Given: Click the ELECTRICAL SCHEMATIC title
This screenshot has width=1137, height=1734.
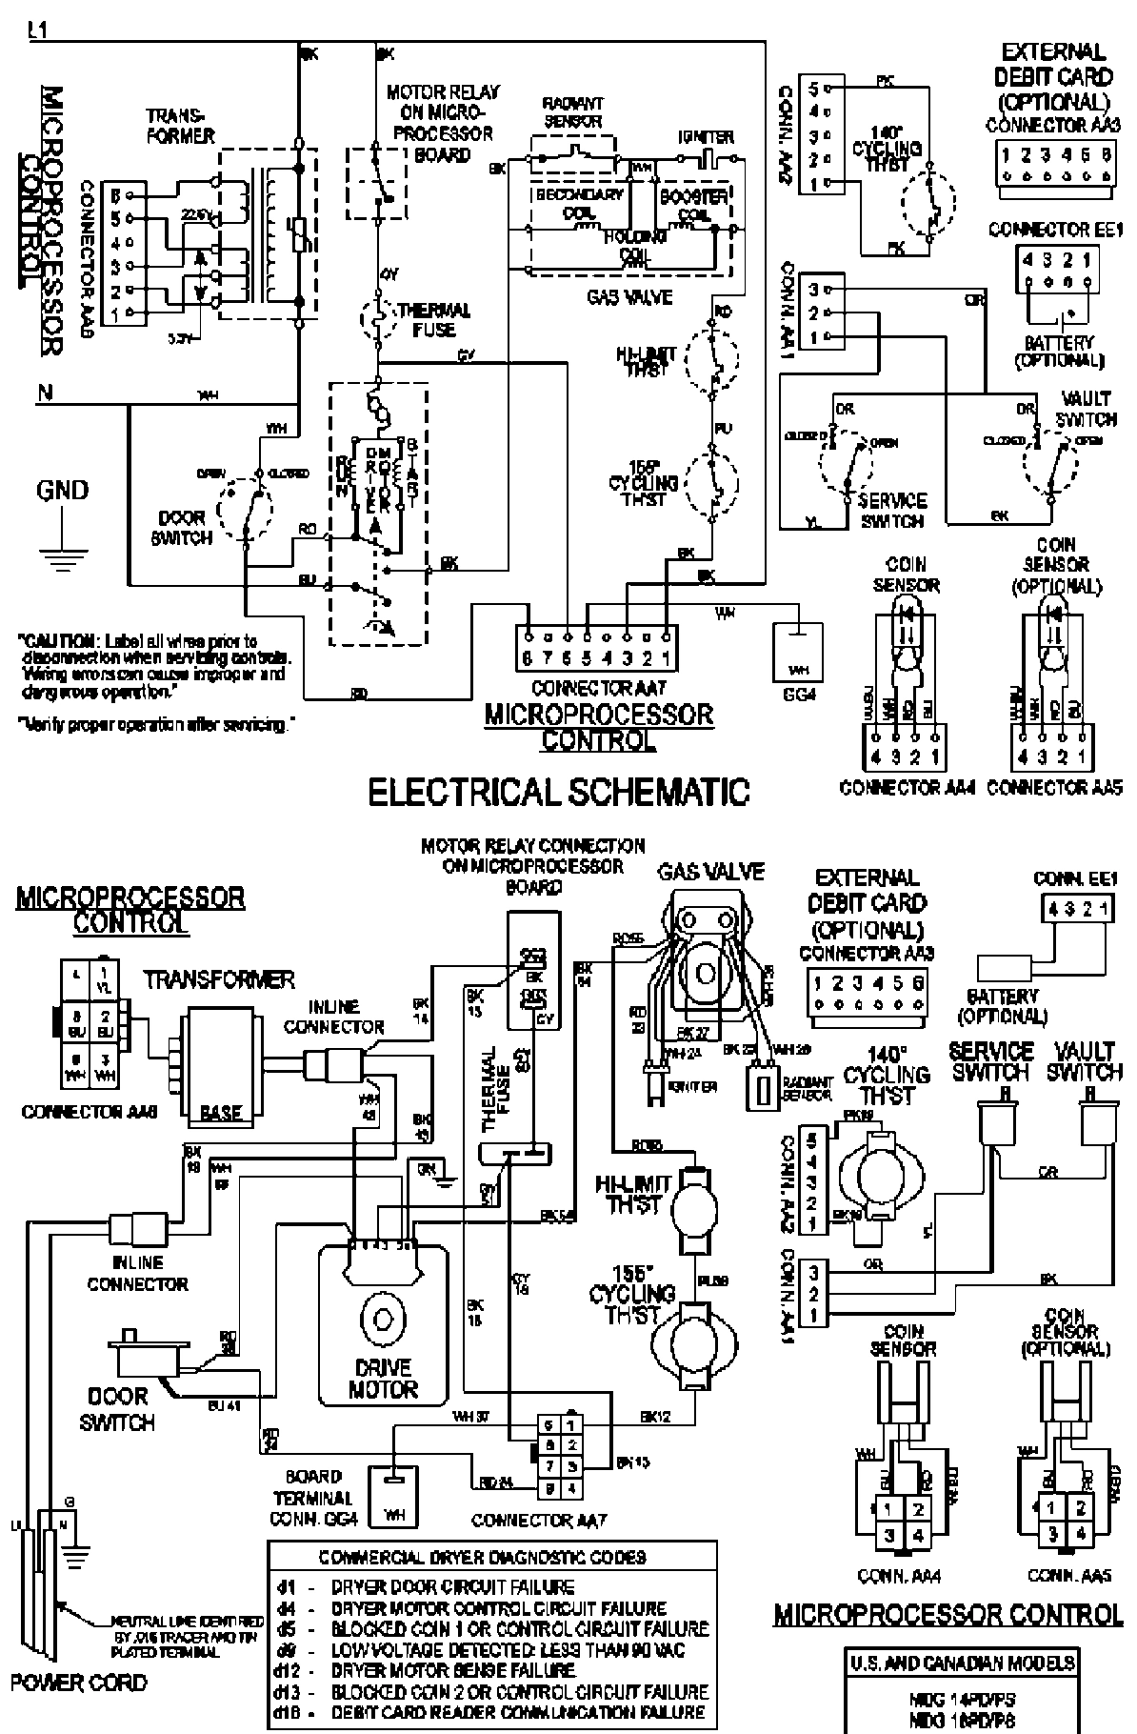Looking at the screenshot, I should (558, 792).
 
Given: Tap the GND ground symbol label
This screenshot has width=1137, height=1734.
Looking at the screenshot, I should (62, 491).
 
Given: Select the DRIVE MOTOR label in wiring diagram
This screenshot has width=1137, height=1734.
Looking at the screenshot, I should (383, 1378).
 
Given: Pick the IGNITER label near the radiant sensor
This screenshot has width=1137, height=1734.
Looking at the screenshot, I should (706, 136).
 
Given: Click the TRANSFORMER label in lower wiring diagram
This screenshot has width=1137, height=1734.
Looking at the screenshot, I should (219, 979).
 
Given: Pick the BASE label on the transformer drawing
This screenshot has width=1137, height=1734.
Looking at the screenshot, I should (221, 1112).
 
